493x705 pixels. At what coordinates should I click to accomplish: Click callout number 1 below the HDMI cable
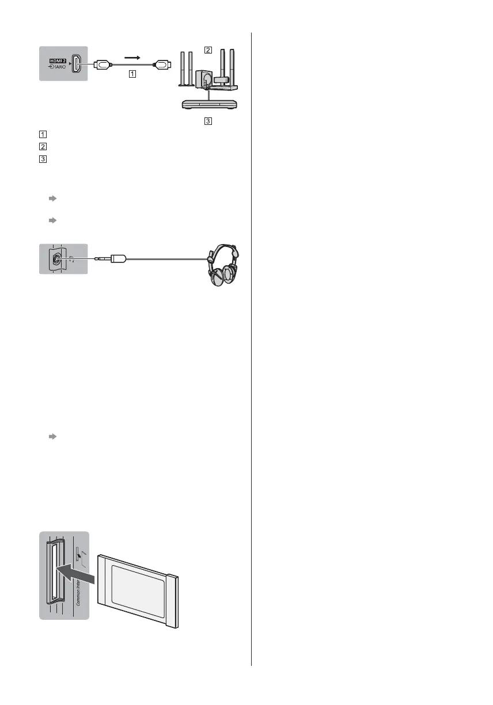(x=132, y=74)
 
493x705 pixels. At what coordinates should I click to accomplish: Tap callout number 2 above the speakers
(x=207, y=50)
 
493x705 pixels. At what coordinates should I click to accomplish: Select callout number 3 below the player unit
(x=207, y=121)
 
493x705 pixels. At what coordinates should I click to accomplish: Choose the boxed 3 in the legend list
(x=41, y=159)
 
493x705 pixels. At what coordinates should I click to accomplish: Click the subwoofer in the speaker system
(x=203, y=79)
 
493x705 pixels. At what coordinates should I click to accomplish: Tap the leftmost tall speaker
(x=183, y=69)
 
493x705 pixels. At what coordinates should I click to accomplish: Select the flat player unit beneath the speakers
(x=209, y=104)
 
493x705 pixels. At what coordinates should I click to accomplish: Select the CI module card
(x=139, y=590)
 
